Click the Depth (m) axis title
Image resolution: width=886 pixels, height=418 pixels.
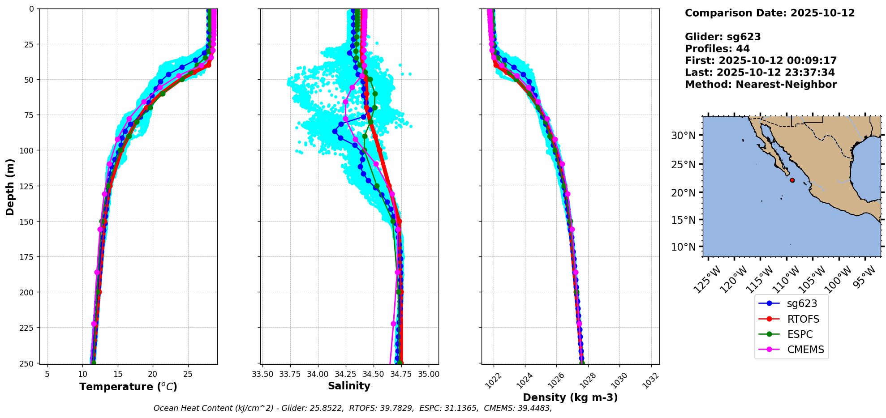(10, 187)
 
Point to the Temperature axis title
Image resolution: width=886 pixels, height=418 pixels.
(128, 387)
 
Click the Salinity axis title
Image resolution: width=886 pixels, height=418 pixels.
(349, 386)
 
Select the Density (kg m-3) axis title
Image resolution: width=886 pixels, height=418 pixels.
(570, 397)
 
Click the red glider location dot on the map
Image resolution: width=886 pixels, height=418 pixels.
(792, 180)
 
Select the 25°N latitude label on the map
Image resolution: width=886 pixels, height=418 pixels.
(683, 165)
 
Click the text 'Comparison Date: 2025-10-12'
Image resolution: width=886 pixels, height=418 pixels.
(770, 13)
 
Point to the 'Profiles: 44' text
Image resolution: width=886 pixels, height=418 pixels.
(717, 49)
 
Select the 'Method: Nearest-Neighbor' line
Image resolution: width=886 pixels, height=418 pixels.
(761, 85)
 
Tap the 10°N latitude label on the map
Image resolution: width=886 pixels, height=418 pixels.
(683, 247)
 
